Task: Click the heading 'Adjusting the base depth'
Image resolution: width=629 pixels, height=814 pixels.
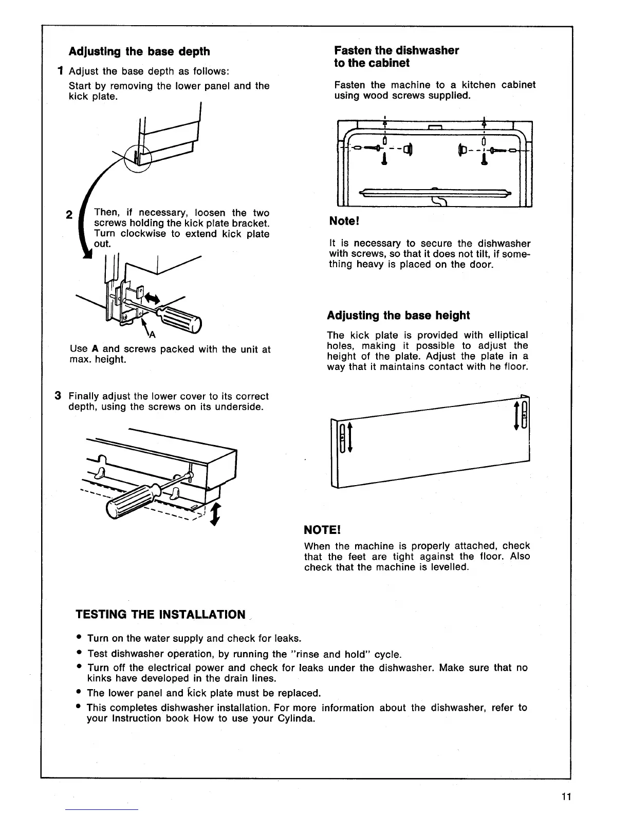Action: point(139,51)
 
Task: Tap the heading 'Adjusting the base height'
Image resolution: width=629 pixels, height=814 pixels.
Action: point(398,315)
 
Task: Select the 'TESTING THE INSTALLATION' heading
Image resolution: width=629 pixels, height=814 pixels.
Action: point(160,615)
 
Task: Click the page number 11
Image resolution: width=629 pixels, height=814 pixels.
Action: point(566,797)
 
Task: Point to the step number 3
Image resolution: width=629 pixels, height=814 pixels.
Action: point(59,396)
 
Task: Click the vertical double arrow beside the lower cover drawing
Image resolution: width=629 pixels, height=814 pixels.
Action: point(216,514)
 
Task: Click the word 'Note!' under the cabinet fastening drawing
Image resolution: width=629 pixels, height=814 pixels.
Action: point(344,221)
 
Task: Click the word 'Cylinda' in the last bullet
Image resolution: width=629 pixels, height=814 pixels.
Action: point(294,718)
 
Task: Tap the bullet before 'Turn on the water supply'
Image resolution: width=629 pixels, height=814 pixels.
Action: point(79,638)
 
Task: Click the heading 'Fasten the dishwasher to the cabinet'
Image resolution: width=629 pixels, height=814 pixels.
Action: point(396,57)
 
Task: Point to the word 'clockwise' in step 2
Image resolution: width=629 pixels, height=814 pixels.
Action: point(146,234)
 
